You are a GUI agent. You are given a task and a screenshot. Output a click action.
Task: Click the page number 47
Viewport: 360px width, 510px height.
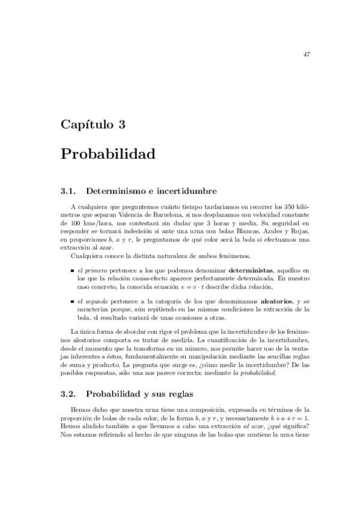[306, 55]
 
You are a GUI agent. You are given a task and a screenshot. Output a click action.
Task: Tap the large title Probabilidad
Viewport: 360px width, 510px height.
[108, 153]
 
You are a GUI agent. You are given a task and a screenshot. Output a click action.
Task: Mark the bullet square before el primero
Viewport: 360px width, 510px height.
[72, 272]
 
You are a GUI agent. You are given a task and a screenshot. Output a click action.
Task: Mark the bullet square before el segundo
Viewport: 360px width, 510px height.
[72, 301]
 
